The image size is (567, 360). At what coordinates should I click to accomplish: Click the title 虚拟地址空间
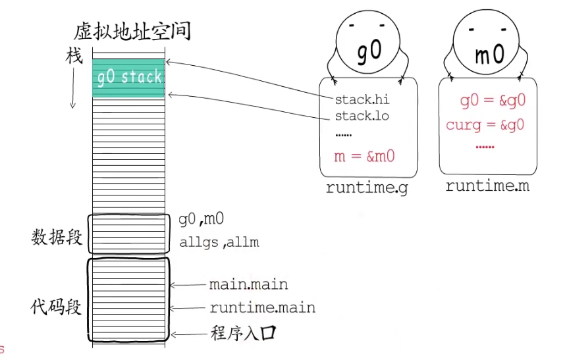point(132,30)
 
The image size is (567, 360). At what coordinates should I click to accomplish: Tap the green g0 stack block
point(128,78)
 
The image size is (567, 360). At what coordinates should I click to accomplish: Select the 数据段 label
point(57,236)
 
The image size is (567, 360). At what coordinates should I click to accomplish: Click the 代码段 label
point(57,307)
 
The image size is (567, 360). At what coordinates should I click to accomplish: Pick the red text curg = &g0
point(485,124)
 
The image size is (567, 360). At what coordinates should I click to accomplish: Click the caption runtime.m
point(487,186)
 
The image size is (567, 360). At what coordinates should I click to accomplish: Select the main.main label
point(248,285)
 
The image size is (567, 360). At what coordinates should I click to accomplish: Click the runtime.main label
point(262,307)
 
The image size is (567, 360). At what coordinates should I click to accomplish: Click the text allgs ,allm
point(219,242)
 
